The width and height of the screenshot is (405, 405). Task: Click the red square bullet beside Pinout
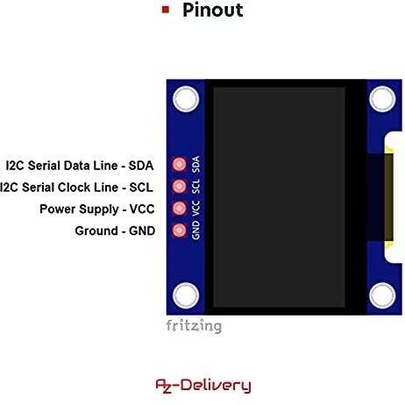(x=166, y=10)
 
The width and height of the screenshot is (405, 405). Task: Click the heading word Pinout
(x=213, y=11)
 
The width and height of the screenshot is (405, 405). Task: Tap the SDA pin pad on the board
(x=179, y=164)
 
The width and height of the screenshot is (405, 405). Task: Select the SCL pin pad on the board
(x=179, y=186)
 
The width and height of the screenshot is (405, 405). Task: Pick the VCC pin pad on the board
(x=179, y=209)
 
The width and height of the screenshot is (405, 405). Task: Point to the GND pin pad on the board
(x=179, y=231)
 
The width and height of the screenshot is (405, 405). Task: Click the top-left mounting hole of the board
(x=186, y=99)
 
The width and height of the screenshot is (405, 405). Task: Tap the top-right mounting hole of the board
(x=382, y=99)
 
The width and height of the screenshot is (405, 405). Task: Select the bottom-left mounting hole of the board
(x=186, y=295)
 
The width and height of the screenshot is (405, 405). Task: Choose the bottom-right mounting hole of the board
(x=382, y=295)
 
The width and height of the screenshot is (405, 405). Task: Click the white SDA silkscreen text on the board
(x=196, y=164)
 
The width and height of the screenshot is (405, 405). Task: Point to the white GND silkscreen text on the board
(x=196, y=231)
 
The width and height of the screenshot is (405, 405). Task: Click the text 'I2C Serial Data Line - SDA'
(x=80, y=166)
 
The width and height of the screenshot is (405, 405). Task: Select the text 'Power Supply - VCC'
(x=97, y=210)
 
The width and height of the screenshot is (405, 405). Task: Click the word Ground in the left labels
(x=96, y=231)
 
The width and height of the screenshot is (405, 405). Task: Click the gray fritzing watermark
(x=194, y=326)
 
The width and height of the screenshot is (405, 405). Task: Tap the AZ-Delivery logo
(x=203, y=386)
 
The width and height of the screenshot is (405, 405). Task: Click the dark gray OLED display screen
(x=279, y=197)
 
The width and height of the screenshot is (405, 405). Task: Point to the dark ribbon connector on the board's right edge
(x=380, y=197)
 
